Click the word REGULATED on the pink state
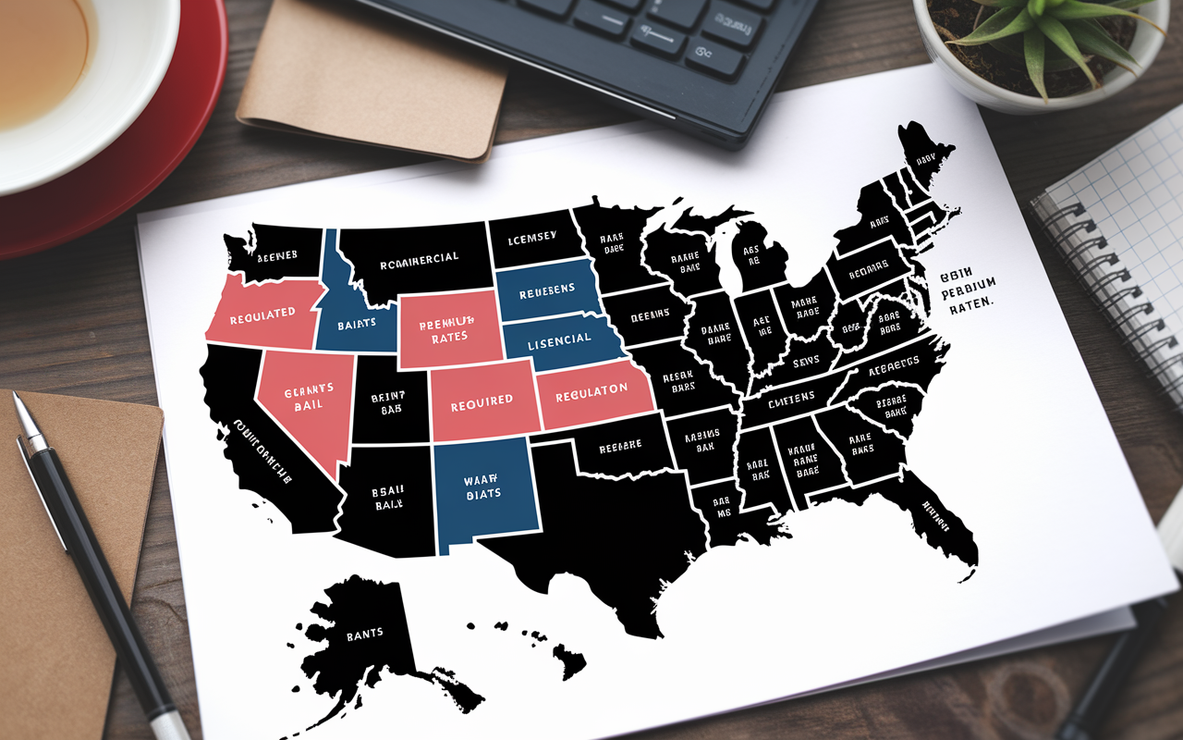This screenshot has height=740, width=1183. click(x=262, y=313)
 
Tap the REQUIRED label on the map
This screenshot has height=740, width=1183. click(x=482, y=401)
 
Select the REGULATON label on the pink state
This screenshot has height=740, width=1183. click(x=591, y=392)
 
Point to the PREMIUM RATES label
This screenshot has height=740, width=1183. click(x=447, y=329)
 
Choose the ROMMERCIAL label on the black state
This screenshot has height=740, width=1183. click(x=419, y=258)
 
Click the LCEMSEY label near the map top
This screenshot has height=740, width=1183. click(x=531, y=238)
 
